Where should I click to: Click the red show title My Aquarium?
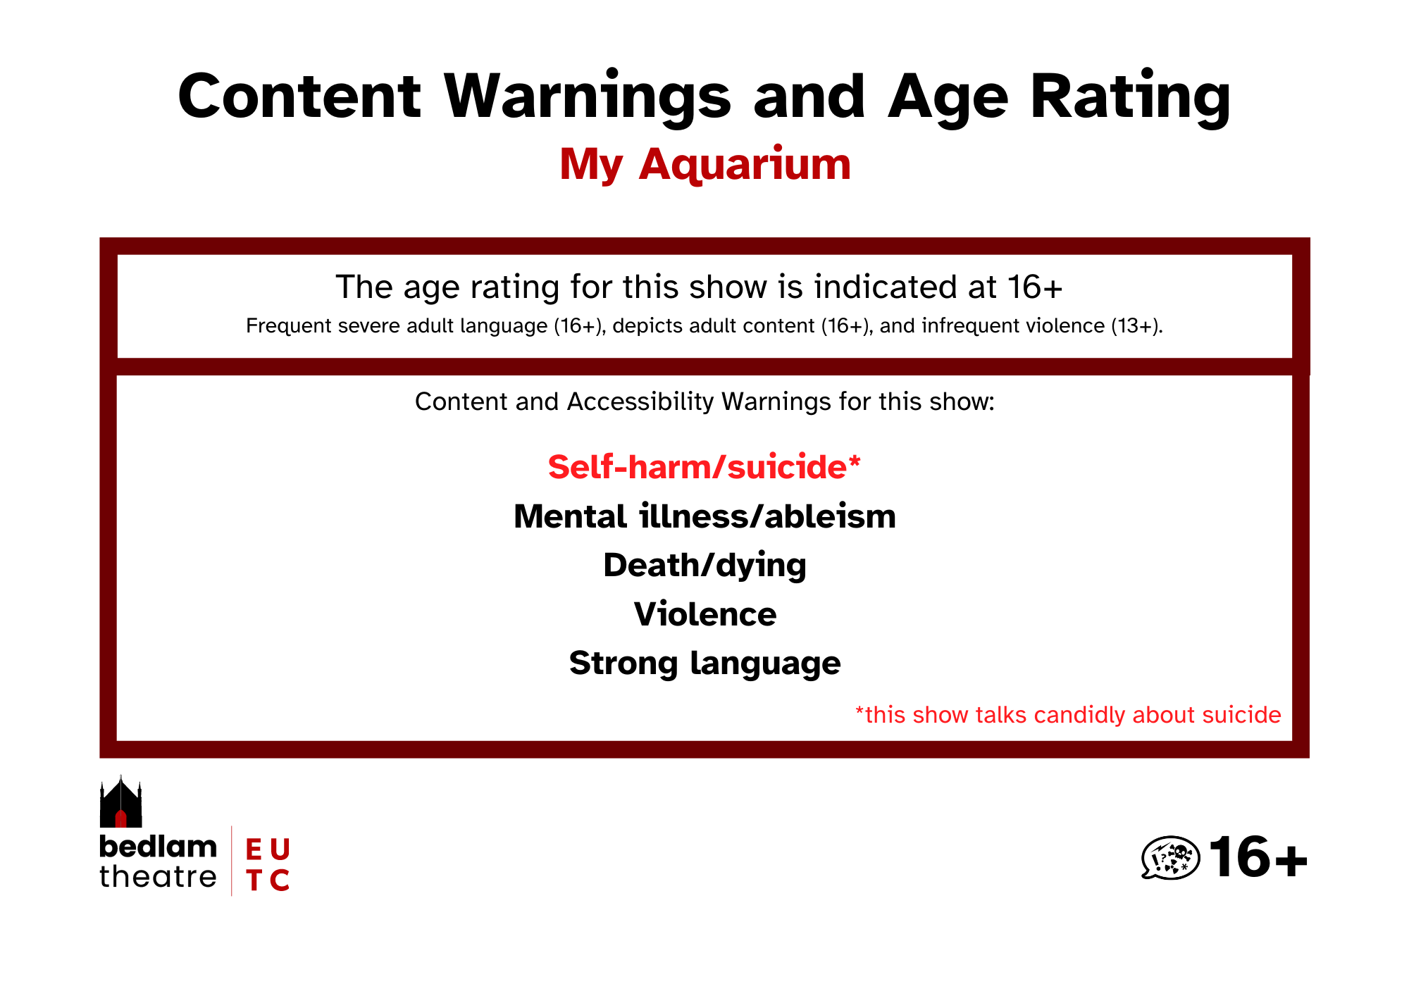click(x=705, y=165)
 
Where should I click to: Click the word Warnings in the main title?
click(x=588, y=98)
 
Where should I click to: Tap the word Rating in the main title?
click(x=1131, y=98)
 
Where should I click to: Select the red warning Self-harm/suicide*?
click(x=704, y=467)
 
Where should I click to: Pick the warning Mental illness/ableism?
click(x=704, y=516)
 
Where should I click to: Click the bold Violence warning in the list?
click(x=705, y=614)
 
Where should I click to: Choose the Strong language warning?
click(x=704, y=664)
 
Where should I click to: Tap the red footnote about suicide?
click(x=1068, y=715)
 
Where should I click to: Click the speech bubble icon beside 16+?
click(x=1170, y=858)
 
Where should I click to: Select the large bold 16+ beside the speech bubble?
click(x=1258, y=858)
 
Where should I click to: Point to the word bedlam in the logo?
click(x=159, y=847)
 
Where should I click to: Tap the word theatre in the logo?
click(x=159, y=878)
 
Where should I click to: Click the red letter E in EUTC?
click(x=254, y=849)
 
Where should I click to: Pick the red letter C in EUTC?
click(x=280, y=880)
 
